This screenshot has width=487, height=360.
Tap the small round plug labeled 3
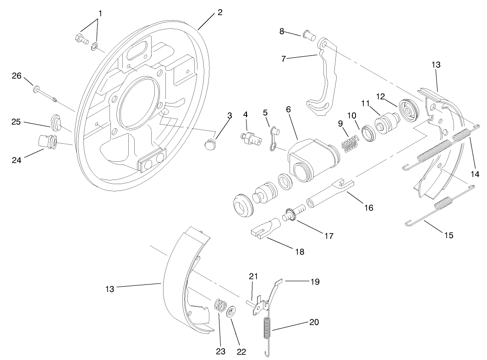209,145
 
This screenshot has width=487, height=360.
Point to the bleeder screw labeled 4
249,137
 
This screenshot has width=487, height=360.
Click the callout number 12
381,97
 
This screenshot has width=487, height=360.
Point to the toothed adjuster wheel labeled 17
290,214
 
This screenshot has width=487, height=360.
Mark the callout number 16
368,208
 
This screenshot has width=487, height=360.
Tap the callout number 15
449,235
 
